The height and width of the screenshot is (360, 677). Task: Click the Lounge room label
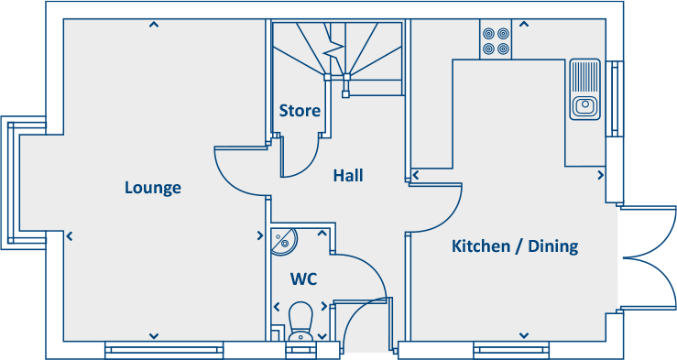click(153, 188)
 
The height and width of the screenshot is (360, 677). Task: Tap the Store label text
click(300, 111)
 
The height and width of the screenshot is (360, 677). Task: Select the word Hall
click(348, 175)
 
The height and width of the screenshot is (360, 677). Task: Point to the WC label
click(303, 278)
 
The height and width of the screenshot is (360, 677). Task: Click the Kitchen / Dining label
click(515, 246)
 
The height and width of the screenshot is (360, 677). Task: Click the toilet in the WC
click(300, 322)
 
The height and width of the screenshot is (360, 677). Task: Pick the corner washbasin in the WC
click(283, 241)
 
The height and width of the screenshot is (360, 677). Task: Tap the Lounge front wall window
click(164, 348)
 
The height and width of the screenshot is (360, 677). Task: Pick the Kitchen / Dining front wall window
click(511, 348)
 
